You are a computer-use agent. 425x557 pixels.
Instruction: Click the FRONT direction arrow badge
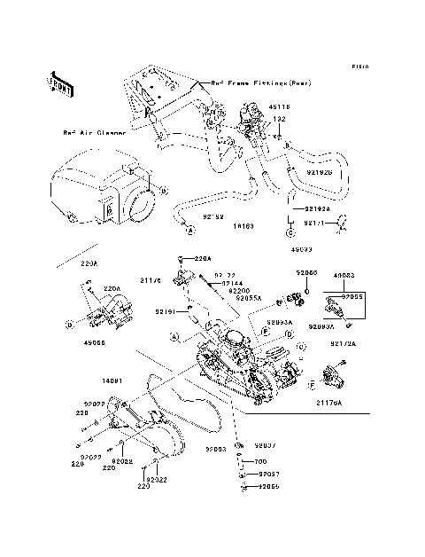pos(60,83)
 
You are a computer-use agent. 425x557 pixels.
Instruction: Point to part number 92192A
pos(305,209)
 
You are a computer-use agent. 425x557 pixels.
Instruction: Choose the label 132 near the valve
pos(278,118)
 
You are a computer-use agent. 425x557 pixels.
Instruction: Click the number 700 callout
pos(260,462)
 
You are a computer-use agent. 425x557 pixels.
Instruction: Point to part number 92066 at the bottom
pos(267,487)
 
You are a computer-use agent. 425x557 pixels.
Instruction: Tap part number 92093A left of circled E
pos(280,322)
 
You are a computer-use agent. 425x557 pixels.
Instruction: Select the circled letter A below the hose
pos(189,230)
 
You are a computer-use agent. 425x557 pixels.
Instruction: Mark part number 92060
pos(305,273)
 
